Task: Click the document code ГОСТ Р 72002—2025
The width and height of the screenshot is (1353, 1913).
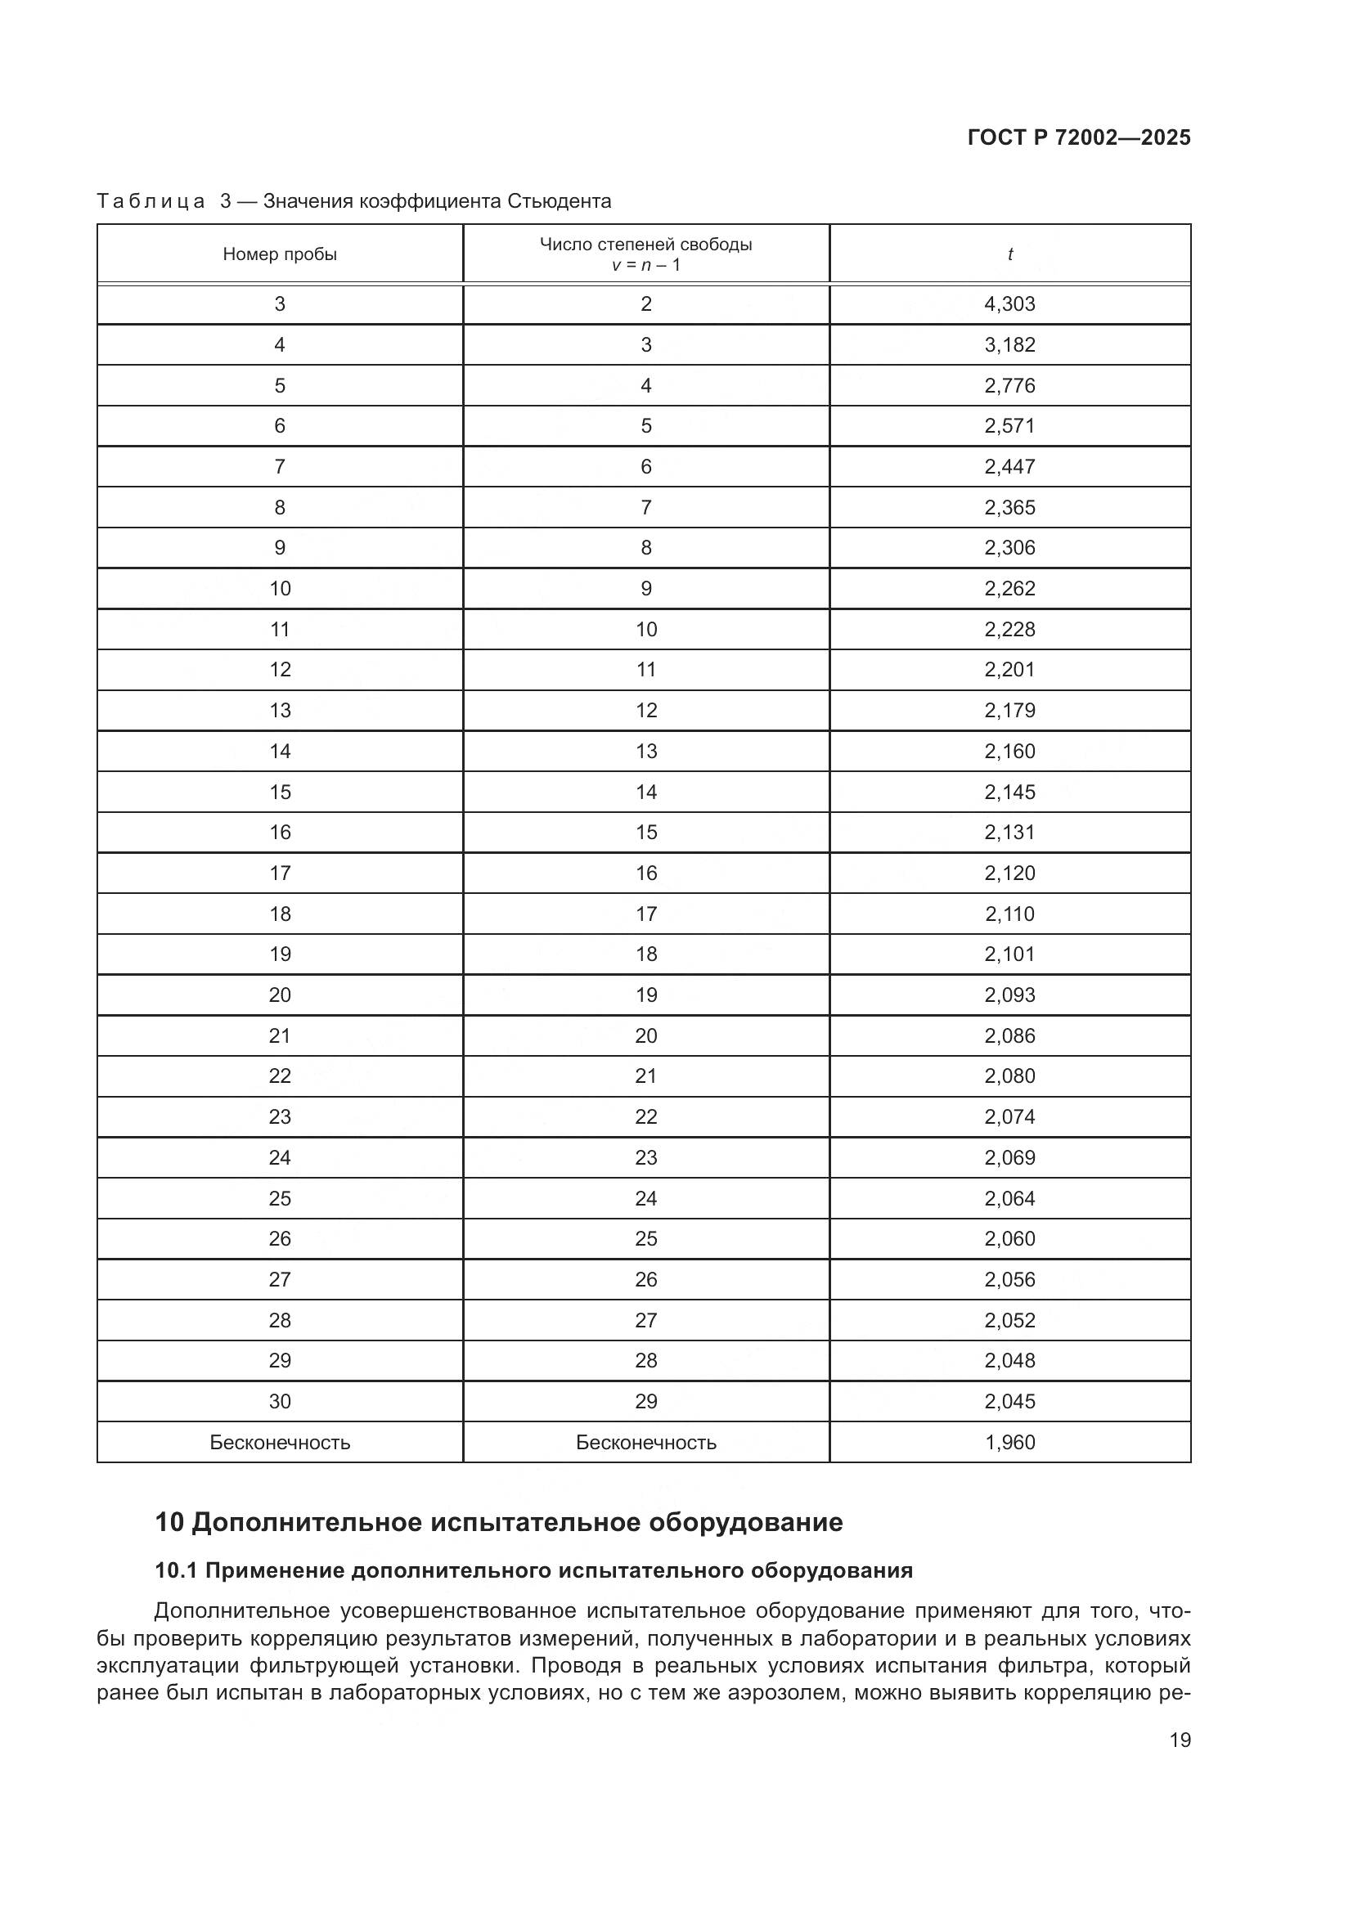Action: pos(1079,137)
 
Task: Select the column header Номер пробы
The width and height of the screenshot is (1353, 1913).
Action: pos(280,254)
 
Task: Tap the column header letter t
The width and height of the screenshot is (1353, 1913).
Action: pos(1009,254)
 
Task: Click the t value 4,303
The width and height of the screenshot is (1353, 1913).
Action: pos(1009,304)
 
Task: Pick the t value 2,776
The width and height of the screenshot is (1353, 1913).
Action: pos(1009,386)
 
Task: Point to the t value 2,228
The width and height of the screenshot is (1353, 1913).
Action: pos(1009,629)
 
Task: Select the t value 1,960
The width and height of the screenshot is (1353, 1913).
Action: pos(1009,1442)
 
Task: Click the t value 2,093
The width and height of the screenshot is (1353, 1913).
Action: pos(1009,995)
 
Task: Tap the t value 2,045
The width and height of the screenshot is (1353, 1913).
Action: pos(1009,1402)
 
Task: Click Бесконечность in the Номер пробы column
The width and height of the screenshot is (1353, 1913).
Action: pos(280,1442)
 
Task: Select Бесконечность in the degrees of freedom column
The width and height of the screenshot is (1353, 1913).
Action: pos(645,1442)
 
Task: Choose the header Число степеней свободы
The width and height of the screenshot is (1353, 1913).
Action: pos(645,244)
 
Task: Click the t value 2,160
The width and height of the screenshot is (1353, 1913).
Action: pos(1009,752)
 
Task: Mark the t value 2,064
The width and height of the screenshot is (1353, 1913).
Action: pos(1009,1198)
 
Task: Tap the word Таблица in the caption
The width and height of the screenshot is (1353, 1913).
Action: pos(151,202)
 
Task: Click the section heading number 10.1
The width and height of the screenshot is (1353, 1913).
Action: pos(176,1570)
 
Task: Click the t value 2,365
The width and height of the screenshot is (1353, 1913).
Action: pos(1009,507)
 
